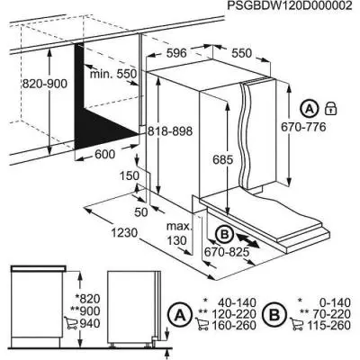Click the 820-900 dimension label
42,82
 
